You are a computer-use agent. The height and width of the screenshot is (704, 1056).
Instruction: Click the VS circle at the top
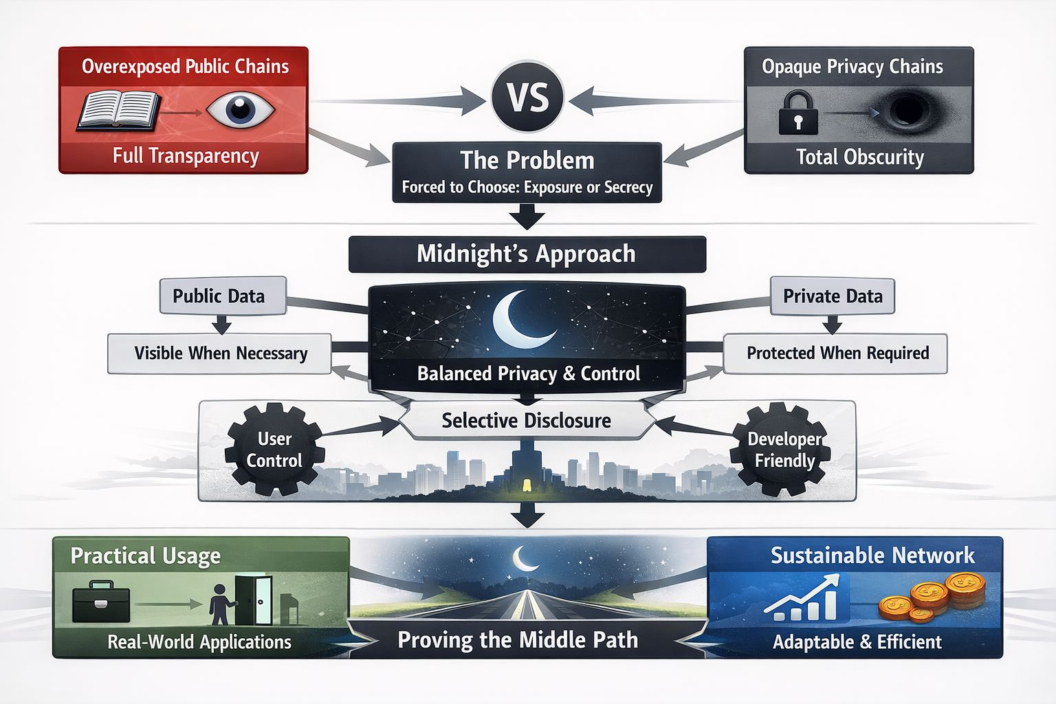point(528,97)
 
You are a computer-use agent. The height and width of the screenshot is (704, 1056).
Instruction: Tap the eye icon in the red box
point(240,109)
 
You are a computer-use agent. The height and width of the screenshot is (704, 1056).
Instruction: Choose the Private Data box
point(832,296)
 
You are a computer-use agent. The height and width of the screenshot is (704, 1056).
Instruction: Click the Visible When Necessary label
point(220,353)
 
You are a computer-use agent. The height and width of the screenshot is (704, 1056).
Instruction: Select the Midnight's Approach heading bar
point(527,254)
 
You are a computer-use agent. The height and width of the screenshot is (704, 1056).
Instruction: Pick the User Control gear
point(274,450)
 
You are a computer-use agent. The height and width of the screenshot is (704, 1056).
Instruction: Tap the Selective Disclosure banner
point(526,420)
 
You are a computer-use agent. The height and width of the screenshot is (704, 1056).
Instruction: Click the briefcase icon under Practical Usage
point(101,602)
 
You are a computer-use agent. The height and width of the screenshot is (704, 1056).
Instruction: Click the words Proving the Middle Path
point(518,640)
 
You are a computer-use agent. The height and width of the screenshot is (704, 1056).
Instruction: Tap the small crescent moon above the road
point(526,558)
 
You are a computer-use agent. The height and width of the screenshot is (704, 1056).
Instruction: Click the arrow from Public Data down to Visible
point(221,324)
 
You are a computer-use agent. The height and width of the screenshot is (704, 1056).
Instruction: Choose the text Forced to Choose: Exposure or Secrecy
point(527,187)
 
